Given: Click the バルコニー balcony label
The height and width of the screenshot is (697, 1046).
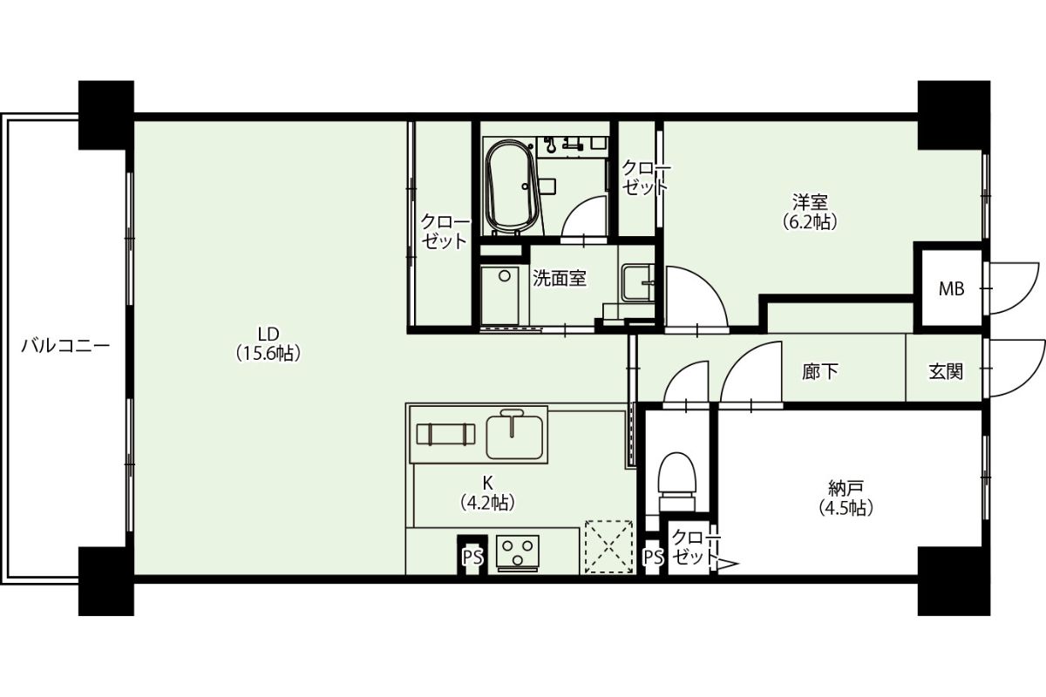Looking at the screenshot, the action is (65, 346).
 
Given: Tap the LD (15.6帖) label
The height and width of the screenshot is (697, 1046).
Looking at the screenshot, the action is (268, 343).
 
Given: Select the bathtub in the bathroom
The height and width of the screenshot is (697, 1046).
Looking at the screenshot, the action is (512, 187).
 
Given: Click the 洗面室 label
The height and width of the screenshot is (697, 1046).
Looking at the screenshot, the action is (560, 279).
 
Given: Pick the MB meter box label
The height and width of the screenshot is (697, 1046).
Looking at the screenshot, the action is (951, 289).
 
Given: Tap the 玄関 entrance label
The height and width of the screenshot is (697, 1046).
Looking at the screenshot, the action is (946, 372).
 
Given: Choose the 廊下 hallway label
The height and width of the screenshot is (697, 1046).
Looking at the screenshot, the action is (820, 372).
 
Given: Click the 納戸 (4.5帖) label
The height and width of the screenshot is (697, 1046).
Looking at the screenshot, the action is (846, 497).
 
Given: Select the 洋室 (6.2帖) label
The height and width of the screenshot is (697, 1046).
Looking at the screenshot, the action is (810, 212).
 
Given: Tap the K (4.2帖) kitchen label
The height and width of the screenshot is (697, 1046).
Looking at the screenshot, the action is (488, 492).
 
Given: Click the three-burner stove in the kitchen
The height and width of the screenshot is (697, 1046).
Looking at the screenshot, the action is (518, 552).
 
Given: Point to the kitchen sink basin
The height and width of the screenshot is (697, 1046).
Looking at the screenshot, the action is (514, 436).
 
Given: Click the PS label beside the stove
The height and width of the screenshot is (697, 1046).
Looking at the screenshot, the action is (472, 557).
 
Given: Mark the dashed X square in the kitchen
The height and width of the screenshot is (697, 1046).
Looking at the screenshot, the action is (609, 546).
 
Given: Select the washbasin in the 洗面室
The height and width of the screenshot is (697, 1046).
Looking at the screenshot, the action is (638, 283).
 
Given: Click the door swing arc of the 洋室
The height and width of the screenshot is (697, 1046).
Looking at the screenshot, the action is (709, 283).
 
